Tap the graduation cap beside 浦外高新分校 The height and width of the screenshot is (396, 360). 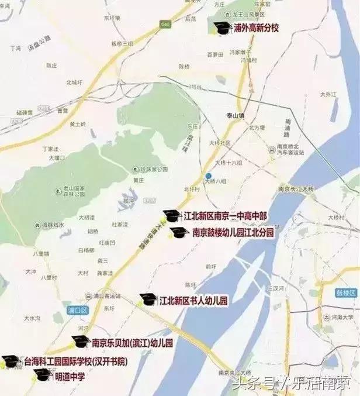click(221, 27)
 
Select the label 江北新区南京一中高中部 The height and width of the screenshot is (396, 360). click(226, 216)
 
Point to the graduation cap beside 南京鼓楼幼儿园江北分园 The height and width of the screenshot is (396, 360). click(179, 233)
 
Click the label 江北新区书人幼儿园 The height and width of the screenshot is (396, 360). click(193, 301)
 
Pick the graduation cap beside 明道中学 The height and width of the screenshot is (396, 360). click(42, 375)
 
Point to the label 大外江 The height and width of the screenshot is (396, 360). click(330, 94)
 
